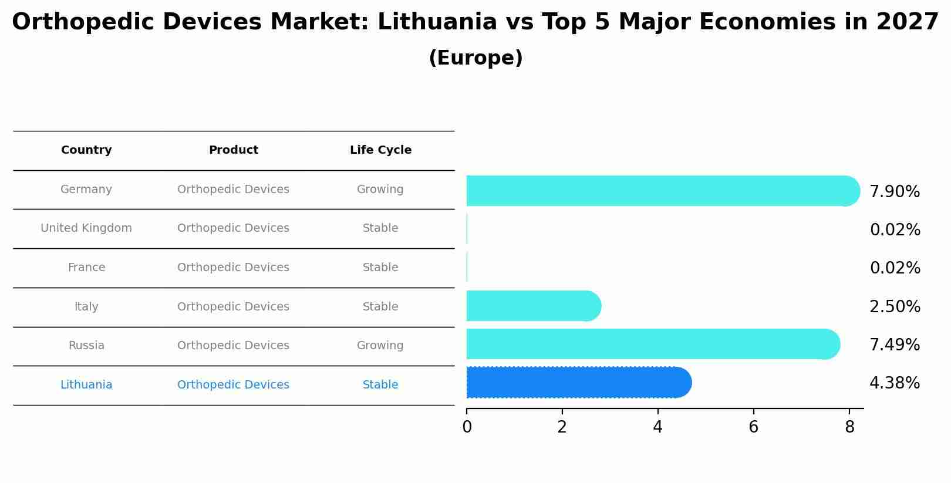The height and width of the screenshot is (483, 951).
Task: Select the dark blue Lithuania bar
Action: [578, 383]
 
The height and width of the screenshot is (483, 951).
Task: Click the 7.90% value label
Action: [894, 192]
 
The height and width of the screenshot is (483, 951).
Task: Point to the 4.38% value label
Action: [894, 383]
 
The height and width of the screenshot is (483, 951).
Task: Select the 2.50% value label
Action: [894, 307]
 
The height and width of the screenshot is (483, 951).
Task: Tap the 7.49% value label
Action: [894, 345]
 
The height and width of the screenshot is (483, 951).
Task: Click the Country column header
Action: [86, 150]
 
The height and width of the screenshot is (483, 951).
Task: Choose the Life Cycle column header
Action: [380, 150]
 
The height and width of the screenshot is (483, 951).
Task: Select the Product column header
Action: [233, 150]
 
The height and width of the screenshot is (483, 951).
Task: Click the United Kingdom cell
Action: [86, 228]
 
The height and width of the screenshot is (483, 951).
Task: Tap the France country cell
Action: [86, 268]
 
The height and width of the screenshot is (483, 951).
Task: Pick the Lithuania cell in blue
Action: [86, 385]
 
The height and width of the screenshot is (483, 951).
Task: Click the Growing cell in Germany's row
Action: [380, 190]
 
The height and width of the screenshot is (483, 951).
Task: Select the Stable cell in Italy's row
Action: [380, 307]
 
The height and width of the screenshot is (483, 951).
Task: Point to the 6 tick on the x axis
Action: [753, 427]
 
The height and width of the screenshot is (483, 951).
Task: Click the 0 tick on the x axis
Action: [467, 427]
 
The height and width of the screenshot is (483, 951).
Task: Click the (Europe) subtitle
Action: [475, 58]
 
